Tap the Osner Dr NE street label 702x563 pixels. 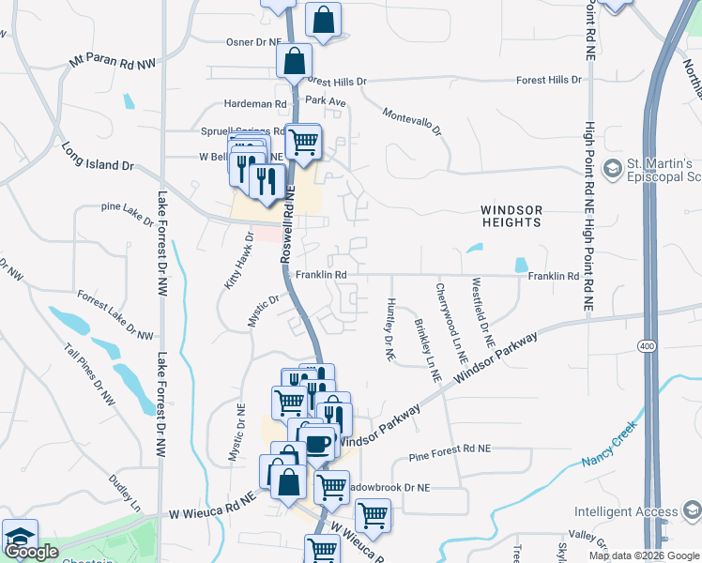click(253, 42)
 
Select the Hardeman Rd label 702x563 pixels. click(254, 103)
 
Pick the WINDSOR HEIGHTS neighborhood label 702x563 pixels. click(511, 216)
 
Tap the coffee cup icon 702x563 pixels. click(318, 441)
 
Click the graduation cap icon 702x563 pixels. click(19, 537)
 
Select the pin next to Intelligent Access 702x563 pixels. click(693, 512)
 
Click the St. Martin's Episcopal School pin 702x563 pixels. click(613, 170)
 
